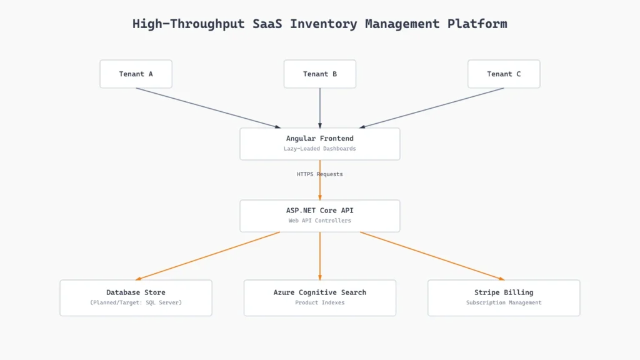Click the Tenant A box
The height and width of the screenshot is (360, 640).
coord(136,74)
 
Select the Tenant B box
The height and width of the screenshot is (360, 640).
coord(320,74)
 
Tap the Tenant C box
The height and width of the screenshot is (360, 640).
coord(504,74)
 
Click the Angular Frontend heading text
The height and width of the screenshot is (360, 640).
coord(320,138)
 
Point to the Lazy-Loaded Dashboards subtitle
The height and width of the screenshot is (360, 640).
coord(320,149)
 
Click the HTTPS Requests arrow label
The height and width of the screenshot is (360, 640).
coord(320,174)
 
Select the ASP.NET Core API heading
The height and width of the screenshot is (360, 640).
coord(320,211)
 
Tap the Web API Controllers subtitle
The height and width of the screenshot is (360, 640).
coord(320,221)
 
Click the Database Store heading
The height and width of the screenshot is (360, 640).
coord(136,292)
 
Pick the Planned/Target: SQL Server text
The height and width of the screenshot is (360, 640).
coord(136,302)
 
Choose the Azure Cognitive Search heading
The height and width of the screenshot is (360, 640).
coord(320,292)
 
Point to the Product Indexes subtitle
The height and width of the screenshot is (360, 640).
coord(320,302)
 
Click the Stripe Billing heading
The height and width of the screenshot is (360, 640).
coord(504,292)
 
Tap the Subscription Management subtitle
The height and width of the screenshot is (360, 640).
coord(504,302)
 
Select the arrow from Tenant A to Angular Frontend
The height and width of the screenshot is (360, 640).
coord(208,108)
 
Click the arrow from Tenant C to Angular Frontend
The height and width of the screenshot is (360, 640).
coord(431,108)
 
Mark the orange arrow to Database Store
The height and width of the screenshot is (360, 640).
coord(207,256)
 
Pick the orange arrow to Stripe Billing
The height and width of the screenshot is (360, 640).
coord(432,256)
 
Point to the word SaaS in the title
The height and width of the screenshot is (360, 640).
coord(267,24)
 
